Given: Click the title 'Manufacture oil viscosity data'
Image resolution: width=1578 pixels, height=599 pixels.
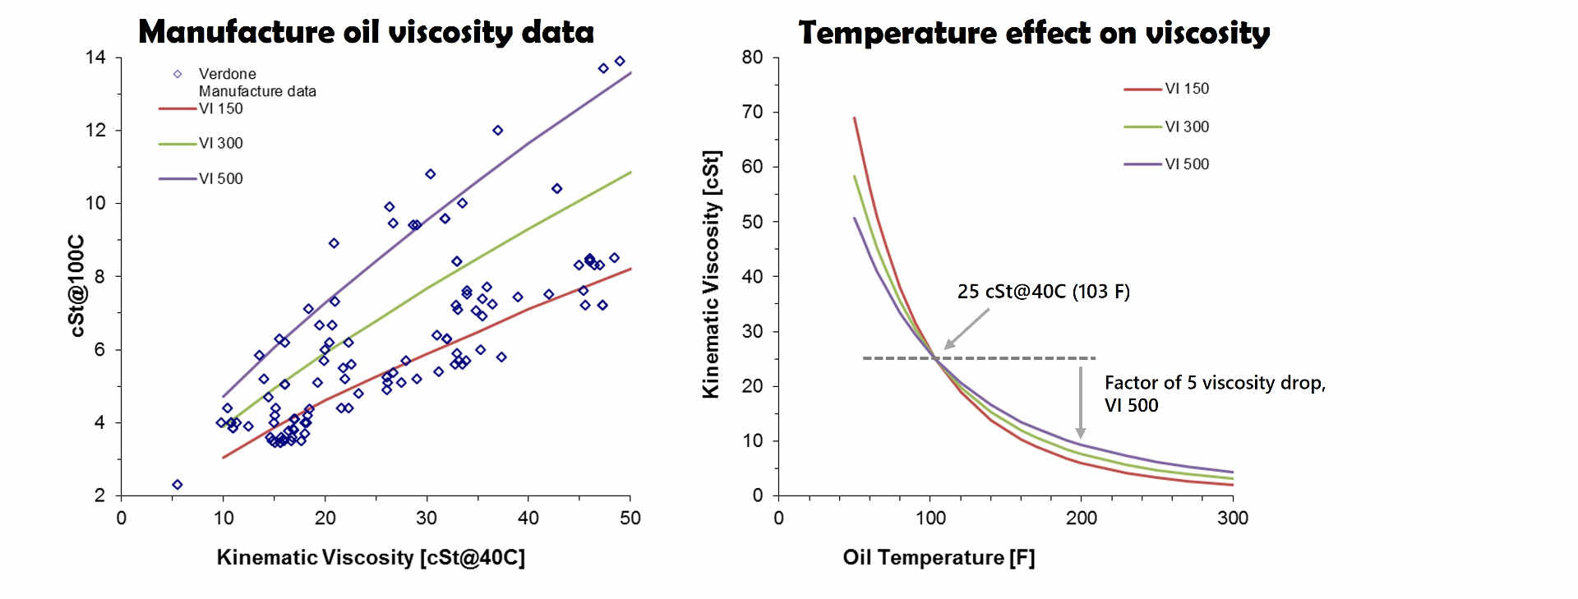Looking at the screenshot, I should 366,32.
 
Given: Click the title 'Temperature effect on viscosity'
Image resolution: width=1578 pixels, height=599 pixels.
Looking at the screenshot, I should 1034,33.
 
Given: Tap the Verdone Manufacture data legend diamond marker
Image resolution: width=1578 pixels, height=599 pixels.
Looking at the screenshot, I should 178,74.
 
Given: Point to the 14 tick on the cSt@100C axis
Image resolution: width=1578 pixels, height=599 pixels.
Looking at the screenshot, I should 95,58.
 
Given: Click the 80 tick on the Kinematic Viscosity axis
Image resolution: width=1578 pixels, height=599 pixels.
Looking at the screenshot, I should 752,58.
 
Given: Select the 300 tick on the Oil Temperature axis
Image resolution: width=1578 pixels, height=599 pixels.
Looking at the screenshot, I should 1232,518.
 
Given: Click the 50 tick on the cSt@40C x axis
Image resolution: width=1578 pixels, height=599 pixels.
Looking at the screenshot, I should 630,518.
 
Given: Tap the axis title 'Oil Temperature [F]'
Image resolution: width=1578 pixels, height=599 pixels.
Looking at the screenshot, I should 939,557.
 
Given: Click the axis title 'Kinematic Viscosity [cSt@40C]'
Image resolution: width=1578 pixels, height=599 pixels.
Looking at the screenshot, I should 371,557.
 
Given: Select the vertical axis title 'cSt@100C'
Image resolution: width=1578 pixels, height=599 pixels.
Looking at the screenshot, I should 76,285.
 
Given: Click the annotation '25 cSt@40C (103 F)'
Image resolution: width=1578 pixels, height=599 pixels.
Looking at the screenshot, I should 1043,292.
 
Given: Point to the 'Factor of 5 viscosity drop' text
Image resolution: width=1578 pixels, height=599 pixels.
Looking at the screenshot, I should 1214,383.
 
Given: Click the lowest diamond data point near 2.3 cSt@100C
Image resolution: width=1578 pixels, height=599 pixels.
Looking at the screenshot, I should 177,485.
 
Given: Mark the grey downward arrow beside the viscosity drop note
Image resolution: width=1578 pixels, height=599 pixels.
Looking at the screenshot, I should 1080,403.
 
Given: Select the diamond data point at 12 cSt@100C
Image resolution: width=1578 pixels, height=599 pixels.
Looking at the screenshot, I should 497,131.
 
